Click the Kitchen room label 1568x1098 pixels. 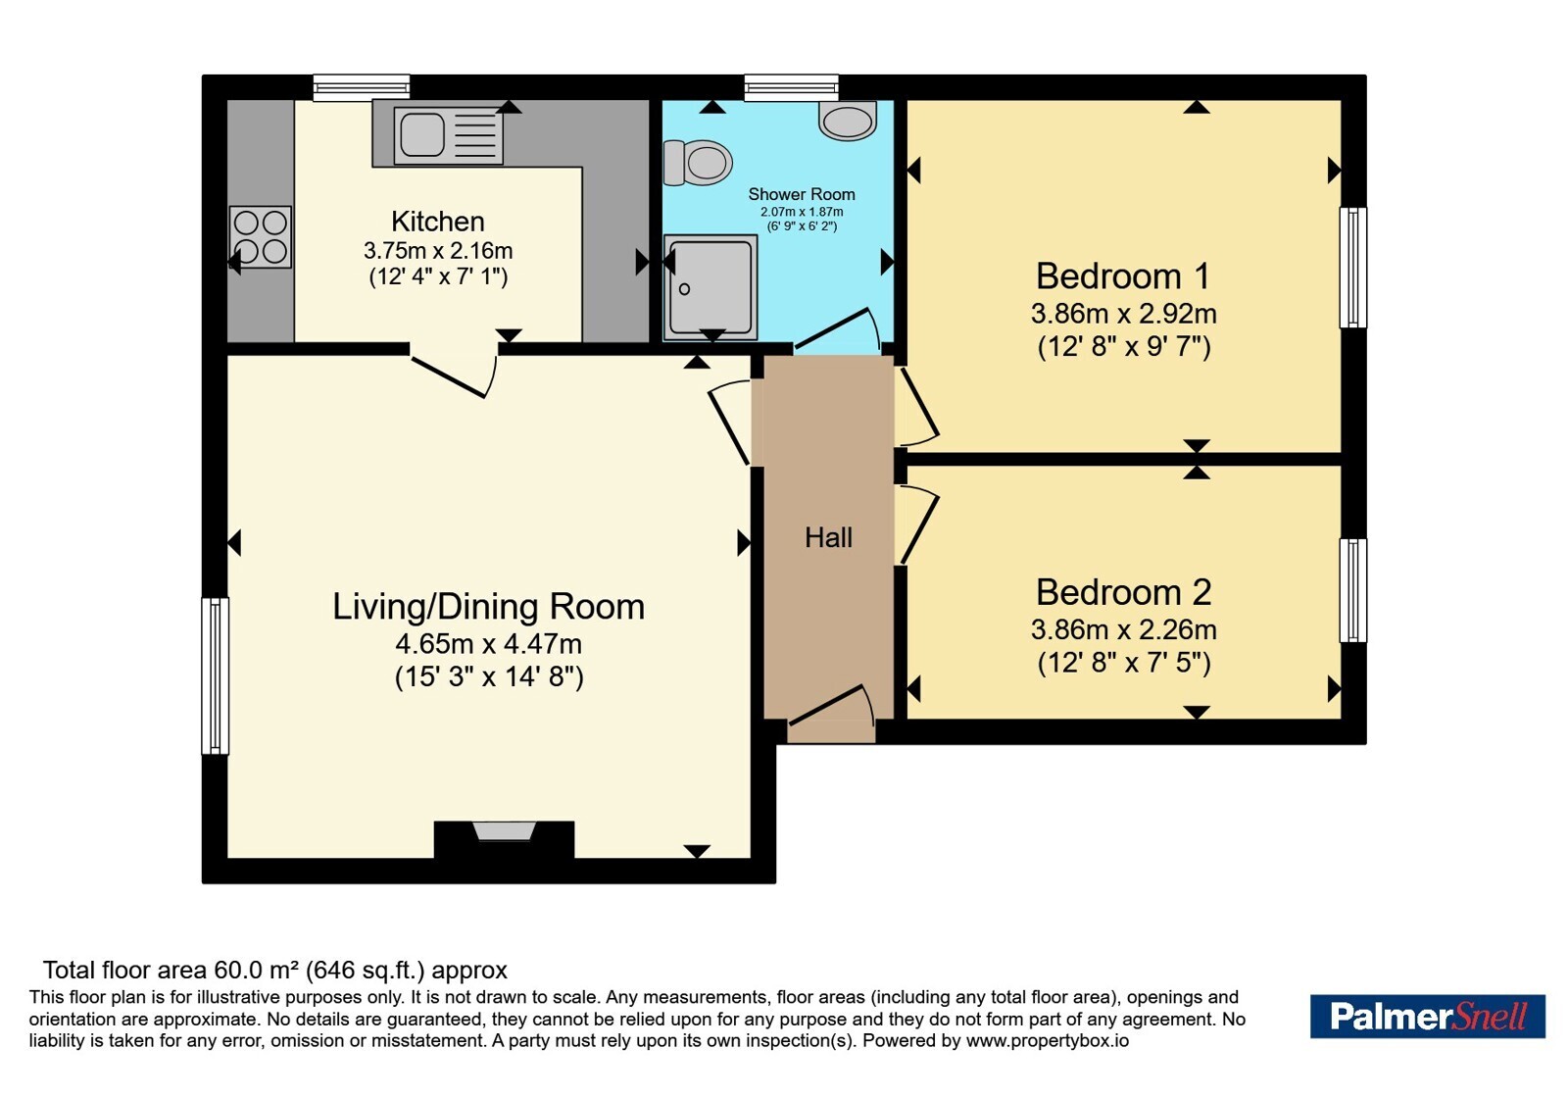(437, 222)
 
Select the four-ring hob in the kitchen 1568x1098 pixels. (260, 236)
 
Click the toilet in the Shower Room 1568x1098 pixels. (697, 163)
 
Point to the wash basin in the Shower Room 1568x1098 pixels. (848, 120)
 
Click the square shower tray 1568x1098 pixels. (710, 287)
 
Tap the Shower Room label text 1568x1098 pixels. (802, 194)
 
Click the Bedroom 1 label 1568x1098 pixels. (1123, 275)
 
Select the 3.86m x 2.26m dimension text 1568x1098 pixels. (1123, 629)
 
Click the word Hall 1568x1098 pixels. (829, 538)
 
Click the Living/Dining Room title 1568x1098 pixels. (488, 607)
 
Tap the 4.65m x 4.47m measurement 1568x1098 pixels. (488, 643)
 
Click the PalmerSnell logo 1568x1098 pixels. (1427, 1016)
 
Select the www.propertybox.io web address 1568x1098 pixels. (1048, 1040)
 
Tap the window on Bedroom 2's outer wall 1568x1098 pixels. (1353, 590)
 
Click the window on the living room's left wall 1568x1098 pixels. (215, 675)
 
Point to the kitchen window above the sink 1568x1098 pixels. (362, 87)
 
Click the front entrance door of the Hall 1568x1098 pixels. (832, 715)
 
